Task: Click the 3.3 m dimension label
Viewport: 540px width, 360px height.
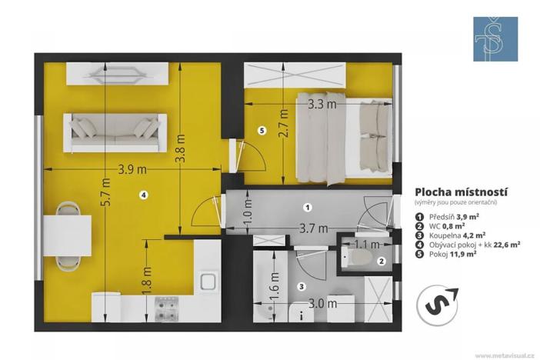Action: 322,102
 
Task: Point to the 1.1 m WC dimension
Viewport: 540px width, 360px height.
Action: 365,245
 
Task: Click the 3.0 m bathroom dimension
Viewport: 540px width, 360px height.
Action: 323,304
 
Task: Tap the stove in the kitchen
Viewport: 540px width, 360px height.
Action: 166,309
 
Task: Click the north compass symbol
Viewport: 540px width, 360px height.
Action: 437,302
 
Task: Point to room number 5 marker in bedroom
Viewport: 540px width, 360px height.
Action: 262,131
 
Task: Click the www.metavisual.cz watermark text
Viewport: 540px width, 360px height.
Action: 505,355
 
